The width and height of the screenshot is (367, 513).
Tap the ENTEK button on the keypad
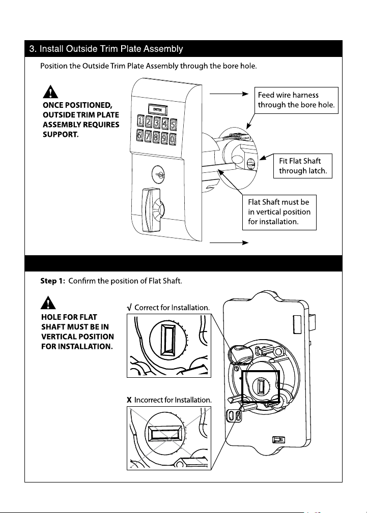click(x=157, y=110)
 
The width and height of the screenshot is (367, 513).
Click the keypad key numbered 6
click(x=140, y=135)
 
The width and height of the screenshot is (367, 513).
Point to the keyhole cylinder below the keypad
click(x=159, y=174)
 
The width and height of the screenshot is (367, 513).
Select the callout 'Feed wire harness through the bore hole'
click(x=296, y=100)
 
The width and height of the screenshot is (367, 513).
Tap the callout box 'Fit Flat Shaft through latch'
click(x=303, y=166)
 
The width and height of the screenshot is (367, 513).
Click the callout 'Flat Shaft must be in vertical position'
click(x=279, y=213)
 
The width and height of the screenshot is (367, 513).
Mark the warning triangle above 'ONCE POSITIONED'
click(x=50, y=92)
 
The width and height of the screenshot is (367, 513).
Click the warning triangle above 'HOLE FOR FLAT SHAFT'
click(x=48, y=303)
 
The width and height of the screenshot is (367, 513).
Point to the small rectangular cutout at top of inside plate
click(x=298, y=324)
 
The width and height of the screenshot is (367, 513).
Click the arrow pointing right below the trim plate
click(x=229, y=243)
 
